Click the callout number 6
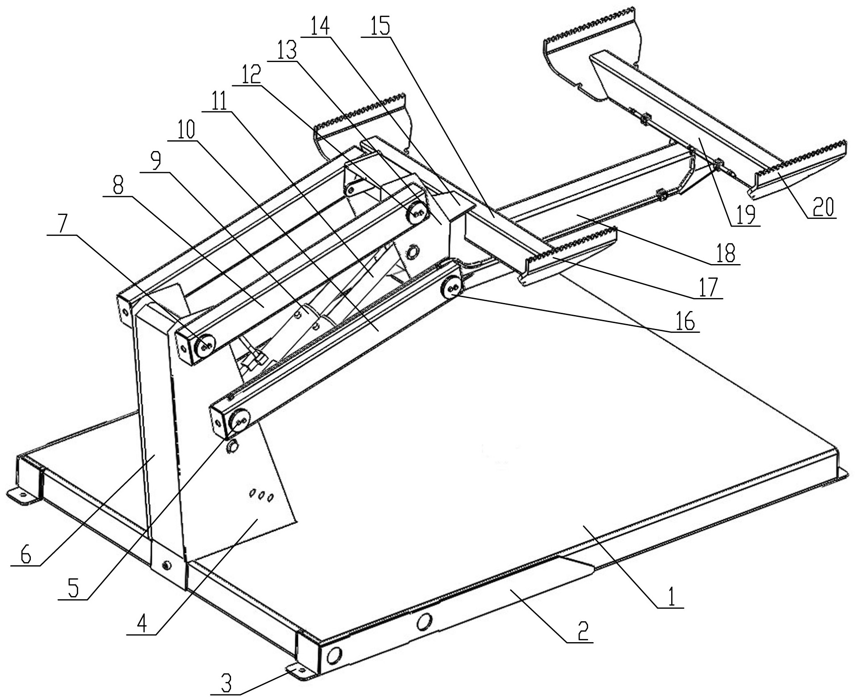25,555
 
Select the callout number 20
821,207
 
